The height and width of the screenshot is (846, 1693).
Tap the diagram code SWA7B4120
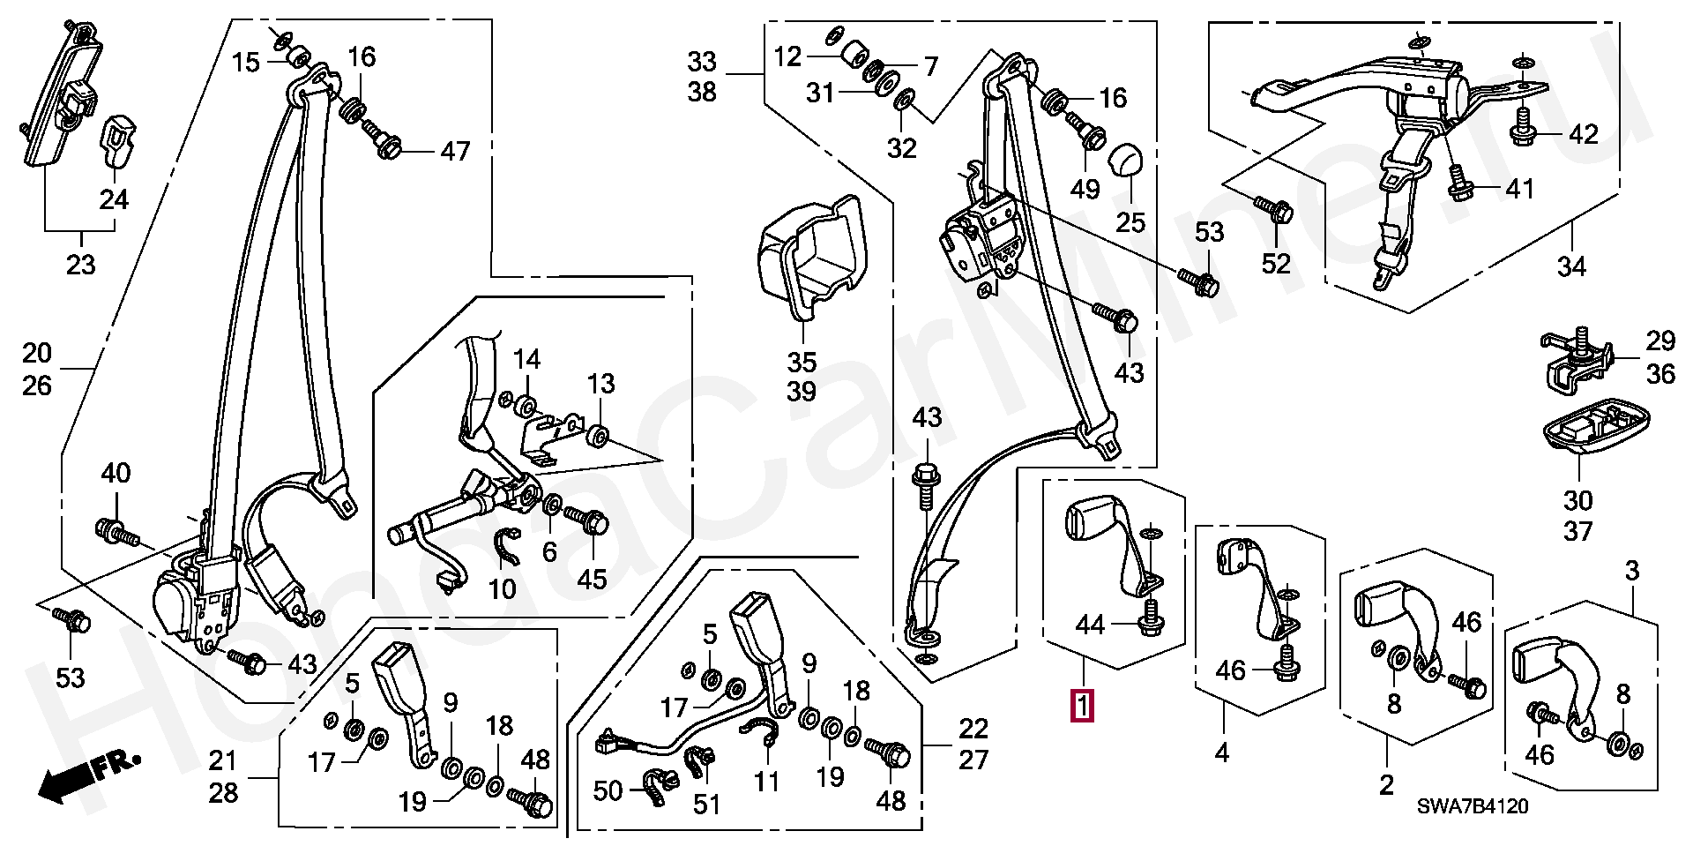1473,806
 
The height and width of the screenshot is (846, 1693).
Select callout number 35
802,362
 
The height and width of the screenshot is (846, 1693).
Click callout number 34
1571,266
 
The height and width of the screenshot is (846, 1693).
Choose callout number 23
80,264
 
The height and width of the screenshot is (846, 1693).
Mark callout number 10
502,588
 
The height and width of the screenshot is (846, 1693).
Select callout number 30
1577,501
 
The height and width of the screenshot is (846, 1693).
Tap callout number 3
1631,571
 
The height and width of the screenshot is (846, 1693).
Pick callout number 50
608,790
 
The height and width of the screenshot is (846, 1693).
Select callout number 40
116,474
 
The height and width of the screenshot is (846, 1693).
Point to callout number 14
526,359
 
